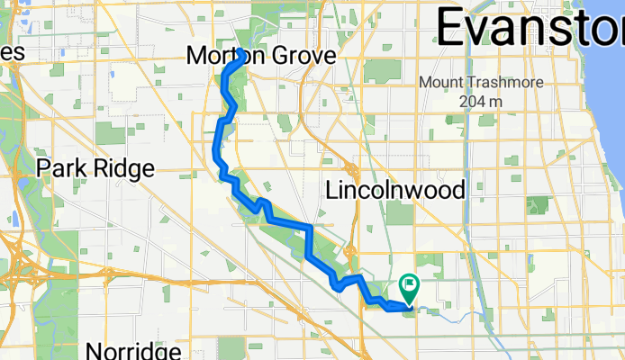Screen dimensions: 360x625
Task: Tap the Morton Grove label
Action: [260, 56]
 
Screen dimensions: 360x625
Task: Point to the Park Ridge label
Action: [95, 168]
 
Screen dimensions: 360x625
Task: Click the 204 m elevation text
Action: [478, 102]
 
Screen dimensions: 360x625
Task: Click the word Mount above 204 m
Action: [440, 83]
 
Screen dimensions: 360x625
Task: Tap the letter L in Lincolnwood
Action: [332, 191]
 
